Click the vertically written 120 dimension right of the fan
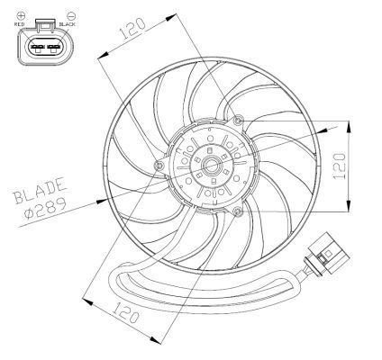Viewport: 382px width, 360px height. click(338, 164)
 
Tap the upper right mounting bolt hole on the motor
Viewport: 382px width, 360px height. click(236, 121)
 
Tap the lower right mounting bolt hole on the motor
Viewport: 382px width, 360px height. click(236, 211)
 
